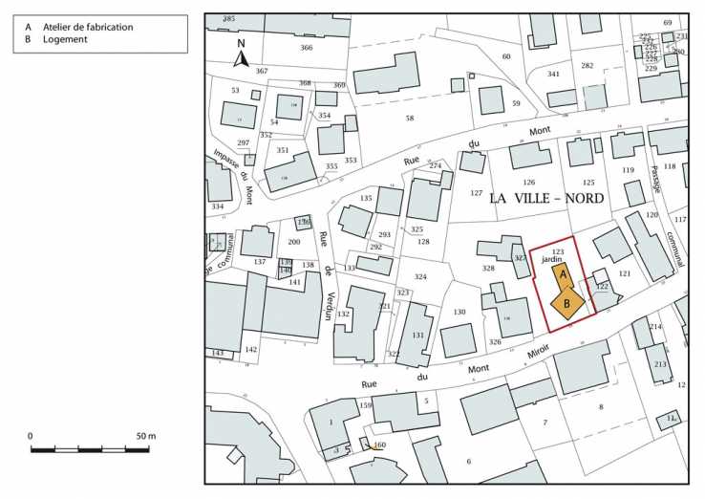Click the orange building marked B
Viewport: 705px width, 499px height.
click(568, 303)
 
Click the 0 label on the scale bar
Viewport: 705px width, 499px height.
click(30, 436)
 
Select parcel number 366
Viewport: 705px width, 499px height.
click(306, 48)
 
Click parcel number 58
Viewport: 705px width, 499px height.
click(410, 119)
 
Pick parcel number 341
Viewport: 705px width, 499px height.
click(553, 75)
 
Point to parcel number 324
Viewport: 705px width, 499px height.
click(420, 277)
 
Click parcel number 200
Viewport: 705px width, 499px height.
click(293, 244)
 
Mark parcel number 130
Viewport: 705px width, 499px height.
click(459, 313)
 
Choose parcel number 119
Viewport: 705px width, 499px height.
click(628, 170)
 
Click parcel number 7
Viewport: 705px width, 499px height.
click(545, 422)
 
